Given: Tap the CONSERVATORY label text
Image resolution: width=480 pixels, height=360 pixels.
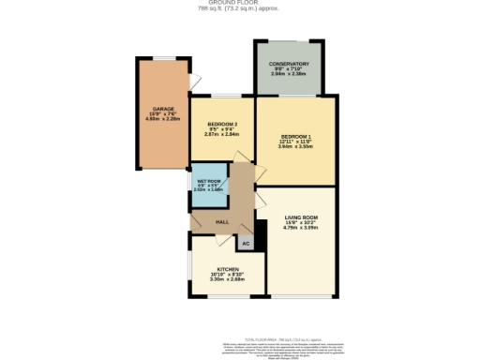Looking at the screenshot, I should (x=290, y=65).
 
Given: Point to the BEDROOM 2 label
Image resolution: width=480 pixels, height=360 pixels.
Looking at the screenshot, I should (x=222, y=125).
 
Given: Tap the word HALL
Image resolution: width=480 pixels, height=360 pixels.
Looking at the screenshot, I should (x=222, y=221).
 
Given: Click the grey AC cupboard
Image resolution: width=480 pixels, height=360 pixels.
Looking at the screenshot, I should (x=245, y=243).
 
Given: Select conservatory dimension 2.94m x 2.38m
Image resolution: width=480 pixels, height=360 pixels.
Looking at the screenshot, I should (x=290, y=76).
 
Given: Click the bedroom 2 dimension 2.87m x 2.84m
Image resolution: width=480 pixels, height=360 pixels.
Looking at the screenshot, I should (x=222, y=136).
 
